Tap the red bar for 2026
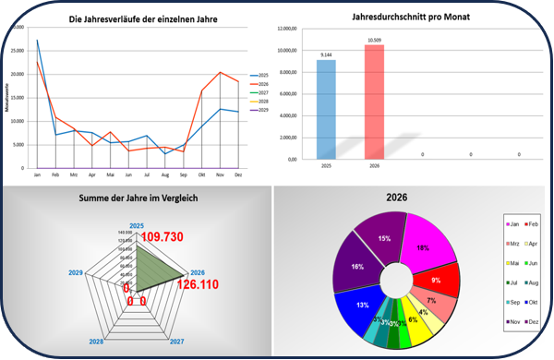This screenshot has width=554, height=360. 374,102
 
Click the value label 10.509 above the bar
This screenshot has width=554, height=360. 374,41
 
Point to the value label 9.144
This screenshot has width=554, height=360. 326,55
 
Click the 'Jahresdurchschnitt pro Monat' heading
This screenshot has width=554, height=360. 408,18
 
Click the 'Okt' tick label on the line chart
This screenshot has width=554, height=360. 202,174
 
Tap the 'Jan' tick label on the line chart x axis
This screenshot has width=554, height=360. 37,174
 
